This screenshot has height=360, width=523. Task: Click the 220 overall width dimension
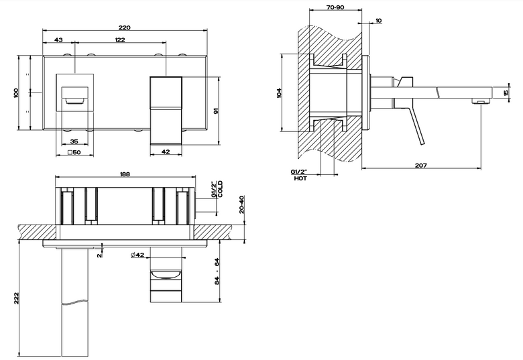pyautogui.click(x=125, y=27)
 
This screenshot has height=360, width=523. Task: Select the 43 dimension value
pyautogui.click(x=58, y=40)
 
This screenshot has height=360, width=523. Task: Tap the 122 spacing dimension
pyautogui.click(x=120, y=40)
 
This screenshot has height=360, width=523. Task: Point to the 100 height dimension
pyautogui.click(x=16, y=93)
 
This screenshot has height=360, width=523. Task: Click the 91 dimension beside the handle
pyautogui.click(x=215, y=111)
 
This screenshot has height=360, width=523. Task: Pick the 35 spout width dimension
pyautogui.click(x=74, y=141)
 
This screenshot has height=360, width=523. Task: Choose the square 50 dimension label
pyautogui.click(x=74, y=152)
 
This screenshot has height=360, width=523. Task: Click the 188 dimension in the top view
pyautogui.click(x=125, y=174)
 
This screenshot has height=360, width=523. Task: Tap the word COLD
pyautogui.click(x=220, y=189)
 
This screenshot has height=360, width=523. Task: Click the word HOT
pyautogui.click(x=300, y=178)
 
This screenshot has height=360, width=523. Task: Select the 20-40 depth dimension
pyautogui.click(x=242, y=204)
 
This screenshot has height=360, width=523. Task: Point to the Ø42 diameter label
pyautogui.click(x=137, y=255)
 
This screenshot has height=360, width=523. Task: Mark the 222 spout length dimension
pyautogui.click(x=16, y=298)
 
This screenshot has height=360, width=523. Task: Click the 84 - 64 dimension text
pyautogui.click(x=217, y=271)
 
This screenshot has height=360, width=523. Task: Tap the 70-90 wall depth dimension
pyautogui.click(x=335, y=7)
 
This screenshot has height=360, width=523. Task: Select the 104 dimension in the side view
pyautogui.click(x=279, y=93)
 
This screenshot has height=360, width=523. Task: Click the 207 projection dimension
pyautogui.click(x=421, y=165)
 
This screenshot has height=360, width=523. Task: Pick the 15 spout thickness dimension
pyautogui.click(x=507, y=93)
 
